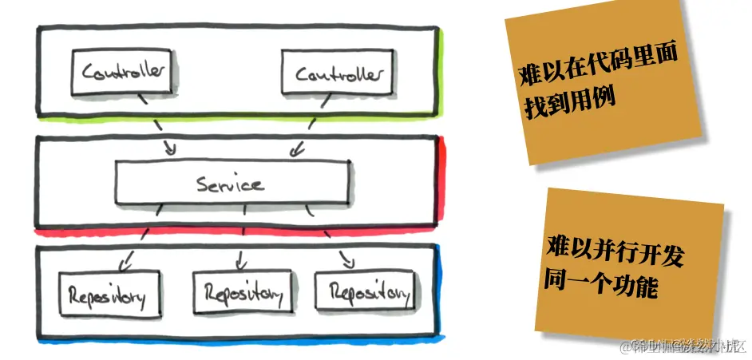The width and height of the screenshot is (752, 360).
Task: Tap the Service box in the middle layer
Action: coord(232,184)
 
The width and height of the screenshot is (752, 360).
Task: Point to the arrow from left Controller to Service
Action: coord(160,128)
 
